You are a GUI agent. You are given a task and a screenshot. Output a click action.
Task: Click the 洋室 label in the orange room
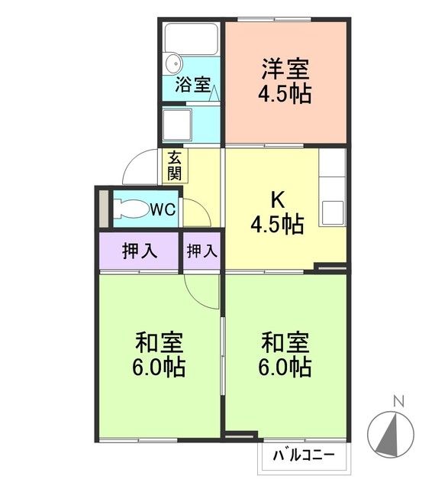coord(285,70)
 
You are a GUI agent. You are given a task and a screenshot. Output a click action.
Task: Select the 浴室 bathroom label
coord(192,84)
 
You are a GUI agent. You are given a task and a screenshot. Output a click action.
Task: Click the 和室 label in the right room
coord(285,341)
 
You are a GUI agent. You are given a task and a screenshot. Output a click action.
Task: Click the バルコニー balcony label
coord(304,457)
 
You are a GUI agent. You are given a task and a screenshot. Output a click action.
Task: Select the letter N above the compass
coord(397,400)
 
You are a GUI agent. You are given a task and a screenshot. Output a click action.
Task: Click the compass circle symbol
coord(396,435)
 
